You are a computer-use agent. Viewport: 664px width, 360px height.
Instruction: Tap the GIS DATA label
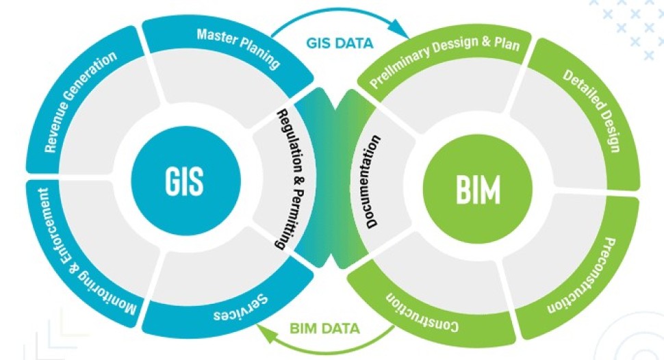pyautogui.click(x=340, y=42)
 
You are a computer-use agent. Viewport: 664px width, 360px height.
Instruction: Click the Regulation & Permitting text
pyautogui.click(x=290, y=177)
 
